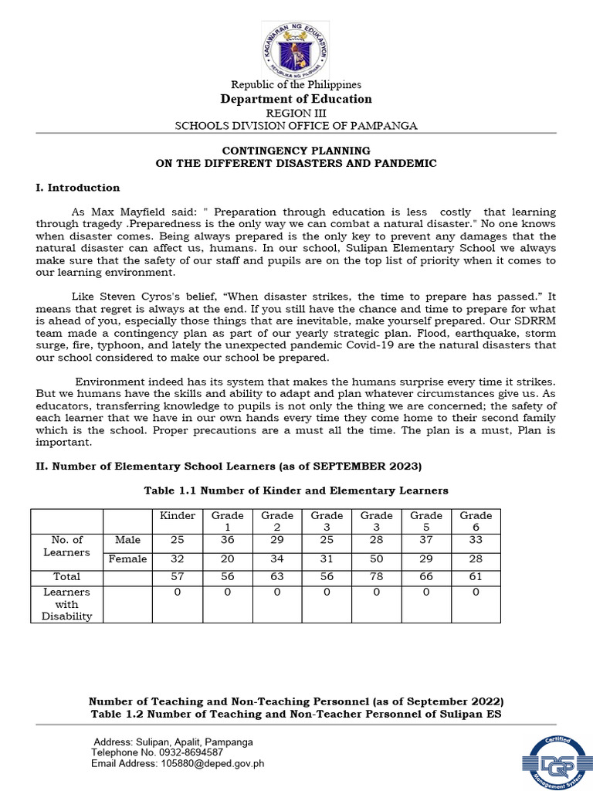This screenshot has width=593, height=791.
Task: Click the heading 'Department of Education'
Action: click(x=296, y=99)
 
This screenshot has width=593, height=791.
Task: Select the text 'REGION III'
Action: click(x=296, y=113)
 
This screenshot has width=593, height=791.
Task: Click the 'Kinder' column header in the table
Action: click(x=178, y=515)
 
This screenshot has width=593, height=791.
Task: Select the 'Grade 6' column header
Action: click(x=476, y=521)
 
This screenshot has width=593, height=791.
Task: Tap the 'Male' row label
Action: click(x=127, y=539)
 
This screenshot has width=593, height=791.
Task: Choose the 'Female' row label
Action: click(x=127, y=558)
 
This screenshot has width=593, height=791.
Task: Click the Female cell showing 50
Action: click(x=376, y=558)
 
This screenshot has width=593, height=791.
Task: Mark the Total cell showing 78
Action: click(x=376, y=577)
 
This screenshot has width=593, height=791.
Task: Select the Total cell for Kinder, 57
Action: click(x=178, y=577)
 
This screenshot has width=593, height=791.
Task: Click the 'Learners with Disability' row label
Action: click(x=67, y=604)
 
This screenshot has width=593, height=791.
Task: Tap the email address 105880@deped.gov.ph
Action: click(x=200, y=763)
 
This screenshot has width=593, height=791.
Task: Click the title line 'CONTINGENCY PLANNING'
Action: click(x=296, y=150)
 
